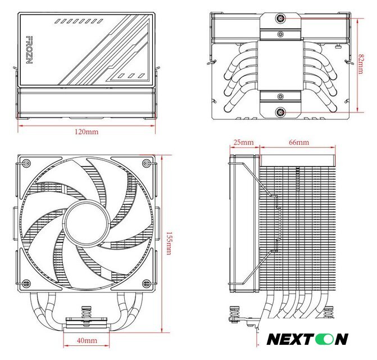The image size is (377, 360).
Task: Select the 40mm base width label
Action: point(86,341)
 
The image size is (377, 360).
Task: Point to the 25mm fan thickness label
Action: point(243,142)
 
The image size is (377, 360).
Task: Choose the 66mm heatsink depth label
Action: point(298,142)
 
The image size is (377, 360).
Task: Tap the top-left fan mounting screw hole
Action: point(25,164)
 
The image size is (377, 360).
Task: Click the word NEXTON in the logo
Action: point(307,339)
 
